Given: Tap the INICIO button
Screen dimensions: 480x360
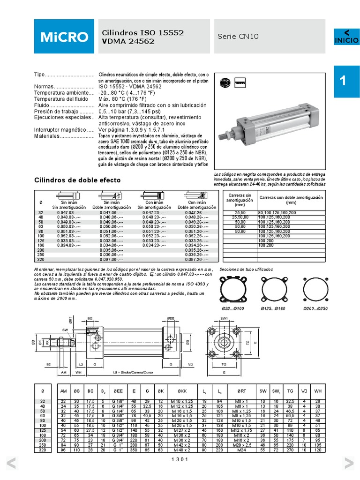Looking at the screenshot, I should coord(346,37).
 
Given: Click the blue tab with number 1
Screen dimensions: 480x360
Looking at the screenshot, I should coord(346,81).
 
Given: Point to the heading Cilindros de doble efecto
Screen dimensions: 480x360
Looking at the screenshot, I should coord(78,180).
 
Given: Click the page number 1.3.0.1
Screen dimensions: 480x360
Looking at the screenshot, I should coord(180,460).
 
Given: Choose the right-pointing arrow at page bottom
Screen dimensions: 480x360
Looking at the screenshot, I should coord(348,464).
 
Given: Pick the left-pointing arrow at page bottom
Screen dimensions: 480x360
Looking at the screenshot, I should coord(12,464).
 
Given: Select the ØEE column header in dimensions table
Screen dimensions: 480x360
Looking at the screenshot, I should coord(119,390).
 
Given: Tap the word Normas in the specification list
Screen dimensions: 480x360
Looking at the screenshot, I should coord(44,86).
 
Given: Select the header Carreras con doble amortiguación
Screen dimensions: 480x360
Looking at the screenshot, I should coord(291,200).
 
